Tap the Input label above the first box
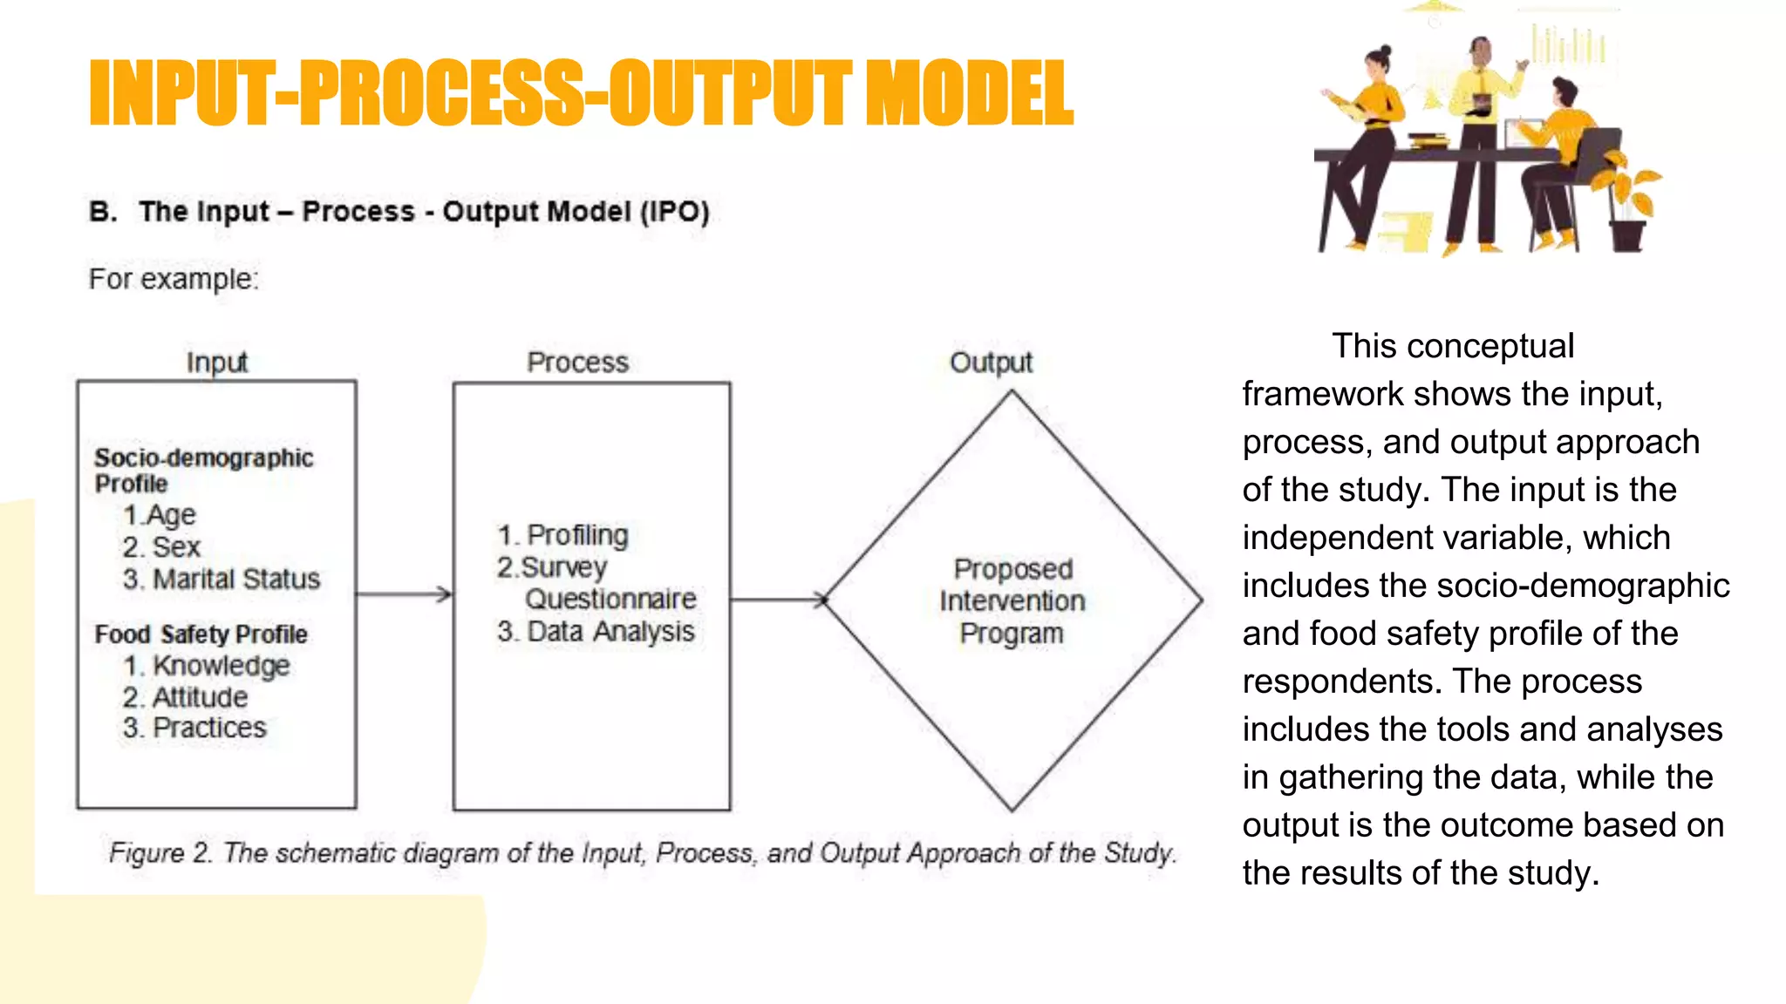click(216, 362)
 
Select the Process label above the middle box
click(577, 362)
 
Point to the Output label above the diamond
click(991, 362)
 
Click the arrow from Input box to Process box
click(405, 594)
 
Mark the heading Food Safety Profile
click(201, 634)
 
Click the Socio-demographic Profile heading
click(203, 470)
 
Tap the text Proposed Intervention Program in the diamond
click(1012, 600)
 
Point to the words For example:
click(174, 279)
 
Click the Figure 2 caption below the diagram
click(643, 852)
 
